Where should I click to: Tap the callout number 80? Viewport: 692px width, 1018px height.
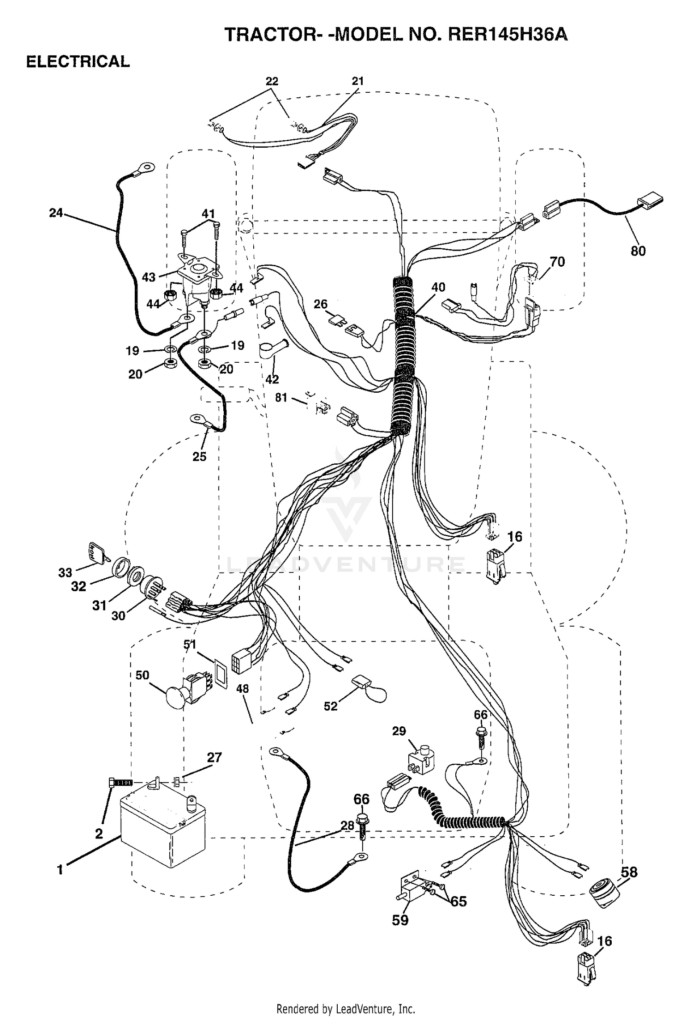pos(638,251)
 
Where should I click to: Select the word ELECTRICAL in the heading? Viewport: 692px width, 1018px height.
pos(78,61)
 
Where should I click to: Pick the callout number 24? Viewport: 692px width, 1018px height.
pos(56,213)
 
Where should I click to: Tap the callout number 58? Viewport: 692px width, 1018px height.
pos(629,872)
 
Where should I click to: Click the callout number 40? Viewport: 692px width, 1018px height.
pos(438,287)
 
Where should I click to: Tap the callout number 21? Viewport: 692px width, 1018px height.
pos(358,81)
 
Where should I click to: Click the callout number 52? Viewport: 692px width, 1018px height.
pos(331,706)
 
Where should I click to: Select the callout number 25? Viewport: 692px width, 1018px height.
pos(199,456)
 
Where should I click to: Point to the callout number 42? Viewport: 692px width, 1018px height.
pos(272,379)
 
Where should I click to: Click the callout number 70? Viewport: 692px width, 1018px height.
pos(557,262)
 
